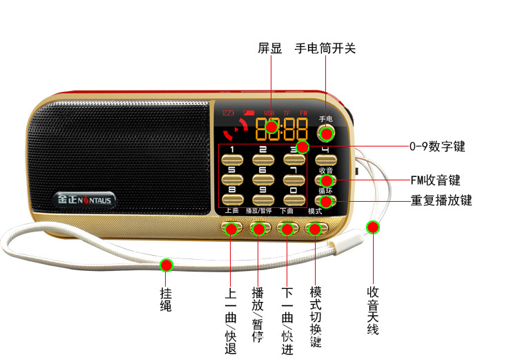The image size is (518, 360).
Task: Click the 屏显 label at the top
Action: (270, 48)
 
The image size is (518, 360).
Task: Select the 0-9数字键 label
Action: (437, 146)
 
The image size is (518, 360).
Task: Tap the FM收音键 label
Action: (435, 180)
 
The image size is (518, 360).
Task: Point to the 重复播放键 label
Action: (441, 200)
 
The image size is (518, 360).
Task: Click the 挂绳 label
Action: (166, 296)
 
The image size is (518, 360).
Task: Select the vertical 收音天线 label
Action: (373, 310)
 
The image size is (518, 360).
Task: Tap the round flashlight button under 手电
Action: (326, 133)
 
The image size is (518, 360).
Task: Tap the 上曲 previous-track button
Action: (231, 227)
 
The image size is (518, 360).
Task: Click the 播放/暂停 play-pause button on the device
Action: (258, 227)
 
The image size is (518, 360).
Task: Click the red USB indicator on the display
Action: (269, 113)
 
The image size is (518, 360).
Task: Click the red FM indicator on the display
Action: (304, 113)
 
